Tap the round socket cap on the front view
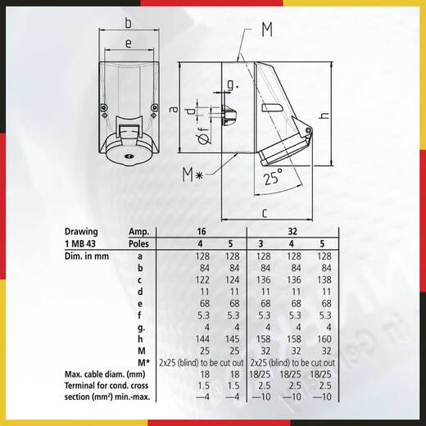pos(127,155)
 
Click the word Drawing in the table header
pos(84,232)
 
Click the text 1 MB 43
pos(83,244)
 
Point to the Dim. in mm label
pos(88,256)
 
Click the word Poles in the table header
pos(141,244)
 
